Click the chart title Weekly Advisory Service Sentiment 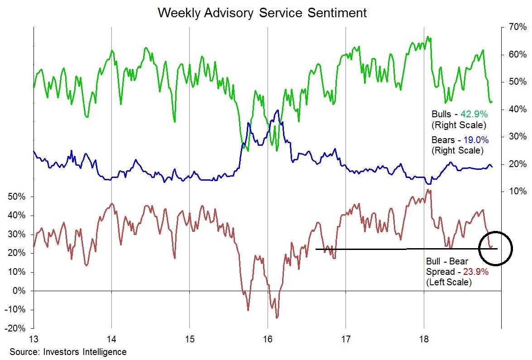click(x=262, y=13)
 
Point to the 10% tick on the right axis click(x=516, y=192)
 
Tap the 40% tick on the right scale click(x=516, y=110)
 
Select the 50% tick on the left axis click(x=17, y=197)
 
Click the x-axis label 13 click(x=34, y=339)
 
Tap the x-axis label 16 click(x=268, y=339)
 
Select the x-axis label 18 click(x=424, y=339)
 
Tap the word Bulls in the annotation click(x=442, y=115)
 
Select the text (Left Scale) click(x=449, y=283)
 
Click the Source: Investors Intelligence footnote click(x=68, y=352)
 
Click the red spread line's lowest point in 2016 click(x=277, y=317)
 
